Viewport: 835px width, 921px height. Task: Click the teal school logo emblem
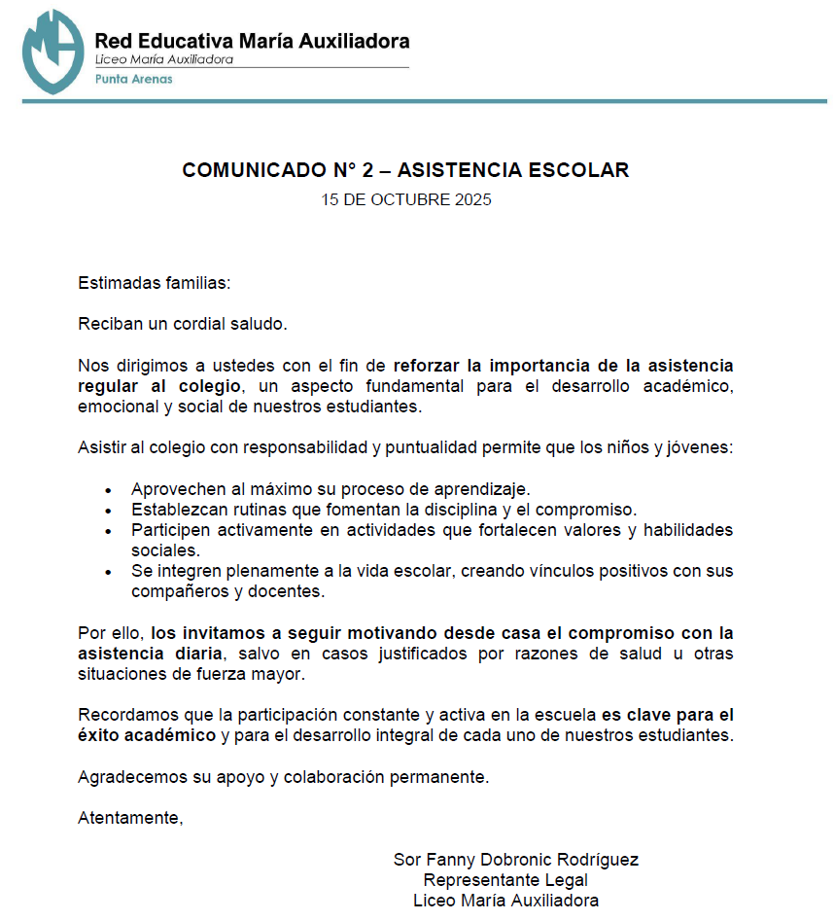(x=52, y=51)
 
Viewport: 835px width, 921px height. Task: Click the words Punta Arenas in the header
(x=133, y=79)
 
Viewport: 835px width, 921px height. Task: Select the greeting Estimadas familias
(x=155, y=284)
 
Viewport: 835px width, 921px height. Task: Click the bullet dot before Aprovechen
(x=108, y=490)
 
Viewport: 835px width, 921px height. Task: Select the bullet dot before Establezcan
(x=108, y=510)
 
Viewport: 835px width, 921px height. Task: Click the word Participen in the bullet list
(x=168, y=530)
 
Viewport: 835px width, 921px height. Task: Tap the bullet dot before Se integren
(x=108, y=572)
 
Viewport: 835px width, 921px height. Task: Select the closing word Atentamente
(x=130, y=817)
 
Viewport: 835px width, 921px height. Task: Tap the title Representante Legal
(x=505, y=880)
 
